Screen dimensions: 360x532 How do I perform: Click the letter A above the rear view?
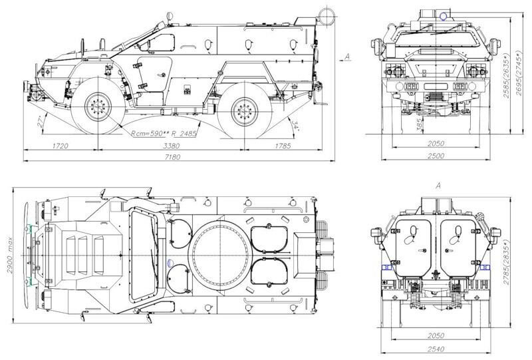click(437, 186)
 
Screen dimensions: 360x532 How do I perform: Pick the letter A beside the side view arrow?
click(348, 57)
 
